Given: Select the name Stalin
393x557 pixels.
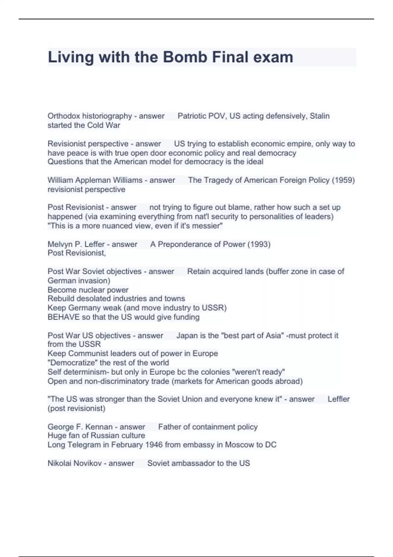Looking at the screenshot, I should click(320, 116).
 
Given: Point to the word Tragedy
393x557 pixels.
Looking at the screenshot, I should click(222, 180).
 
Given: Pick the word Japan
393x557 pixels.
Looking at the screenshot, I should click(186, 336).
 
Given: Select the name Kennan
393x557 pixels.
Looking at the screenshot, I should click(99, 427).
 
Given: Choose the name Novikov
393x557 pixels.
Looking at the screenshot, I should click(87, 463).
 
